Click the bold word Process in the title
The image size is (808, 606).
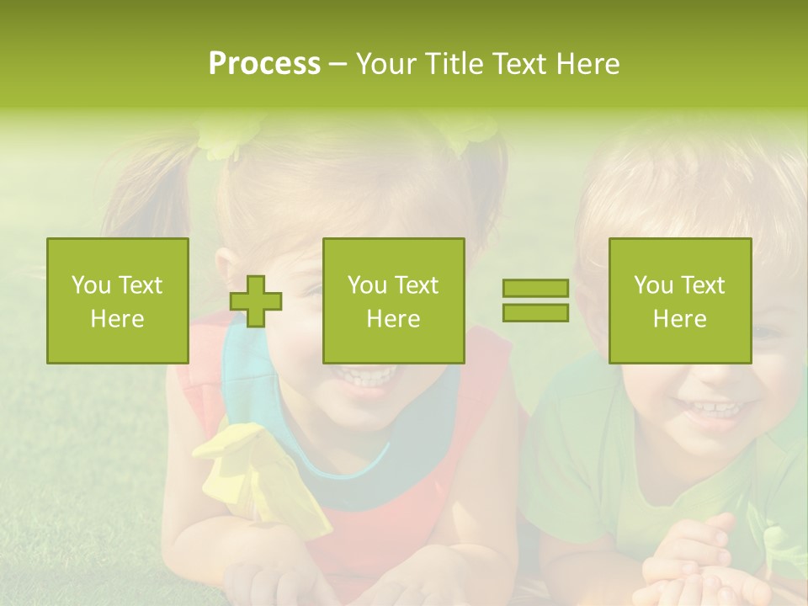pos(264,64)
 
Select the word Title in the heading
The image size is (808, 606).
pos(456,64)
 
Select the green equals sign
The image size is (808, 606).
pos(535,300)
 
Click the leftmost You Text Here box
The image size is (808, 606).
pos(118,300)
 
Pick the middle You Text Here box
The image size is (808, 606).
pos(393,300)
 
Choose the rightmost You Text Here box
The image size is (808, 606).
pos(680,300)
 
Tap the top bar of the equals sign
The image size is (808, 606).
pos(535,289)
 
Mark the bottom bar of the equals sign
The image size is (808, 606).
pos(535,313)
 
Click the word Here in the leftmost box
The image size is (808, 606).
pos(118,319)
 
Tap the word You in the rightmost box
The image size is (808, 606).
pos(652,285)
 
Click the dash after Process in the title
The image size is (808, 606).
pos(338,64)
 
